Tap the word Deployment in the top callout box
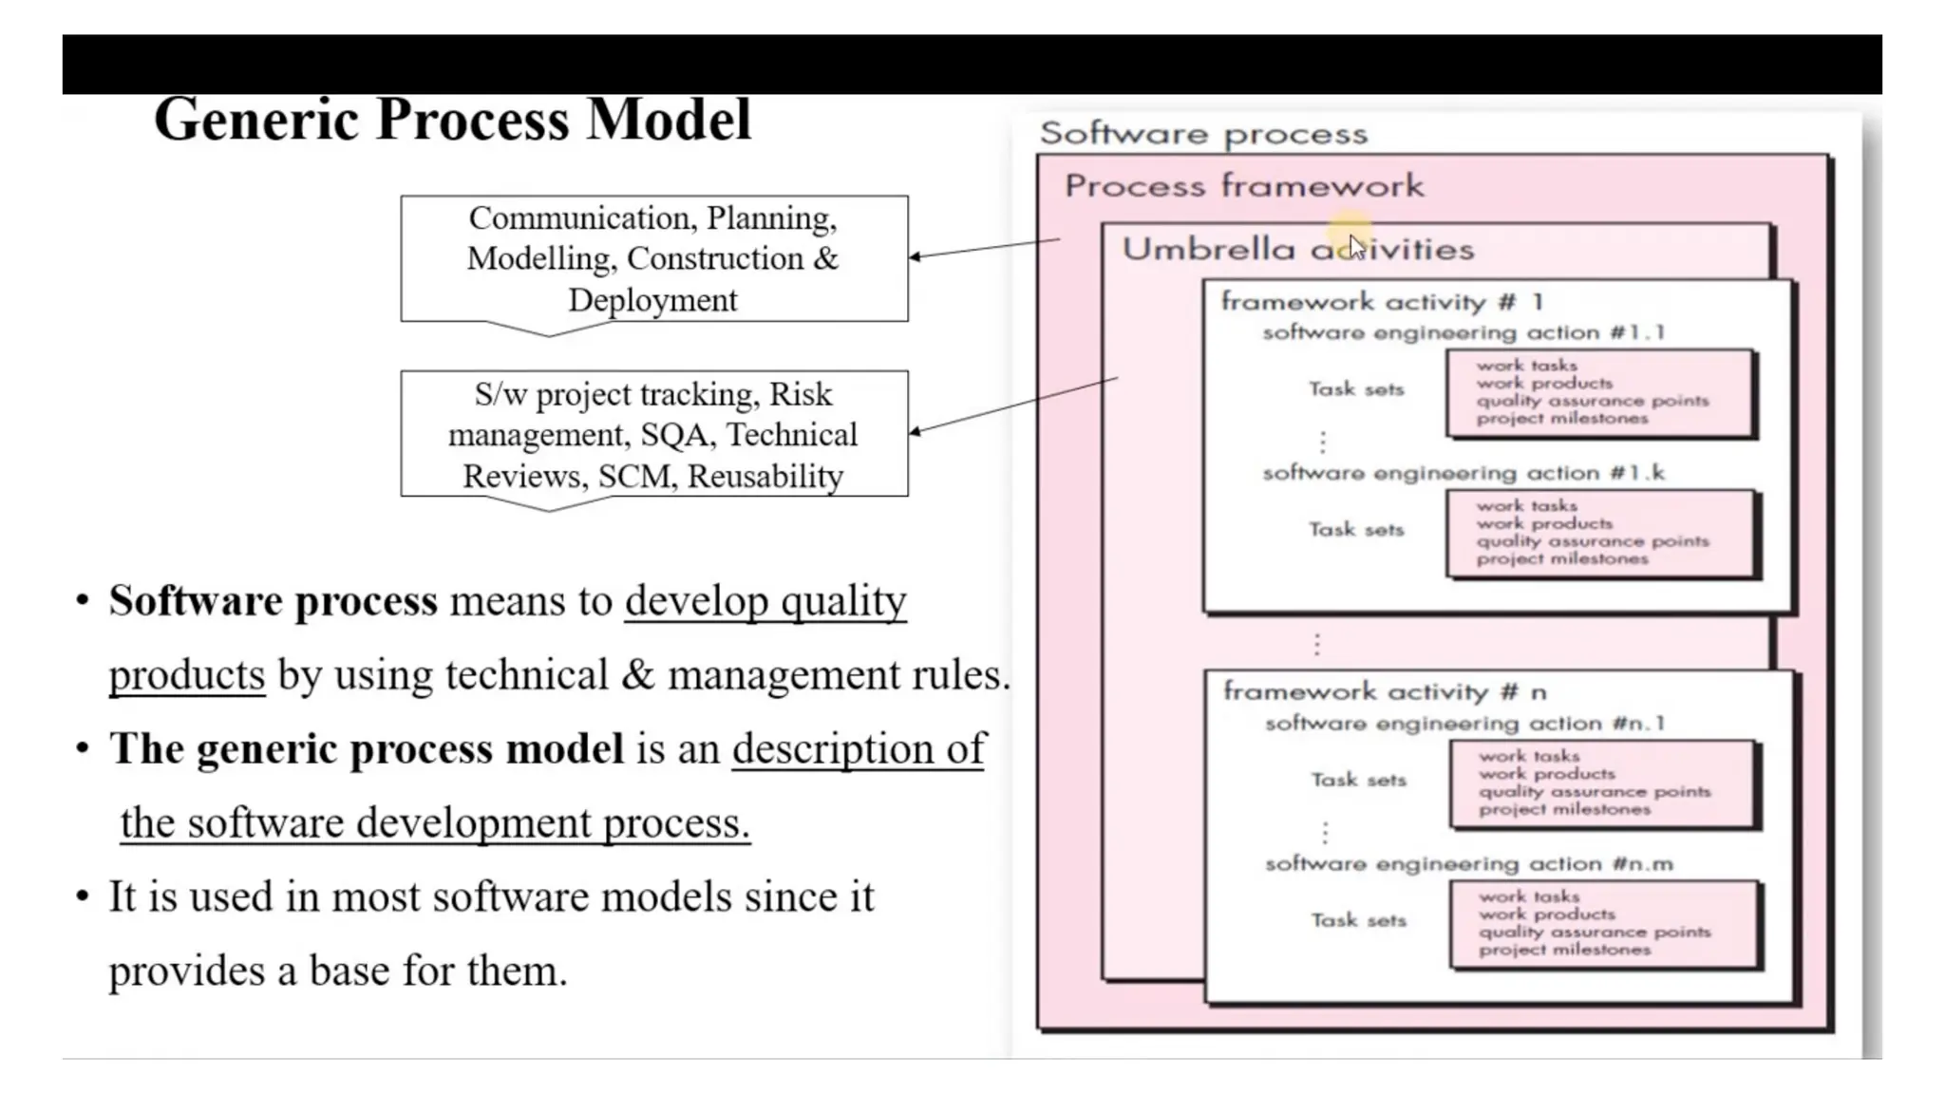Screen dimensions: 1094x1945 [652, 300]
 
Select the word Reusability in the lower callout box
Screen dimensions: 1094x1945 [765, 476]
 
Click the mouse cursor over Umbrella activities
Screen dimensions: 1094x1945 [1355, 247]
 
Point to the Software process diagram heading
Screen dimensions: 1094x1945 [1202, 134]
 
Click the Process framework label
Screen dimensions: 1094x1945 [1243, 185]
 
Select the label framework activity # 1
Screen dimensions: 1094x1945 [1381, 302]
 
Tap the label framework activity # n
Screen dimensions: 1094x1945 [1384, 691]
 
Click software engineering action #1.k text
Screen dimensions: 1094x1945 [1463, 473]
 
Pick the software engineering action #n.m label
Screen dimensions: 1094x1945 [1468, 864]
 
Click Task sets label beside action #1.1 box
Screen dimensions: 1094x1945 [1355, 389]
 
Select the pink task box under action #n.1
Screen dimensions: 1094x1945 [1603, 783]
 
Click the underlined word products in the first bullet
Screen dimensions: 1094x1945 [186, 675]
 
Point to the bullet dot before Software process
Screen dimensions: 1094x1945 [83, 601]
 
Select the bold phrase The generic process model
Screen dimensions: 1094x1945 [366, 749]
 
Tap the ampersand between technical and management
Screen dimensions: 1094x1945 [637, 675]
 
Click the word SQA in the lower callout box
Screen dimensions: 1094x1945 [674, 435]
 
